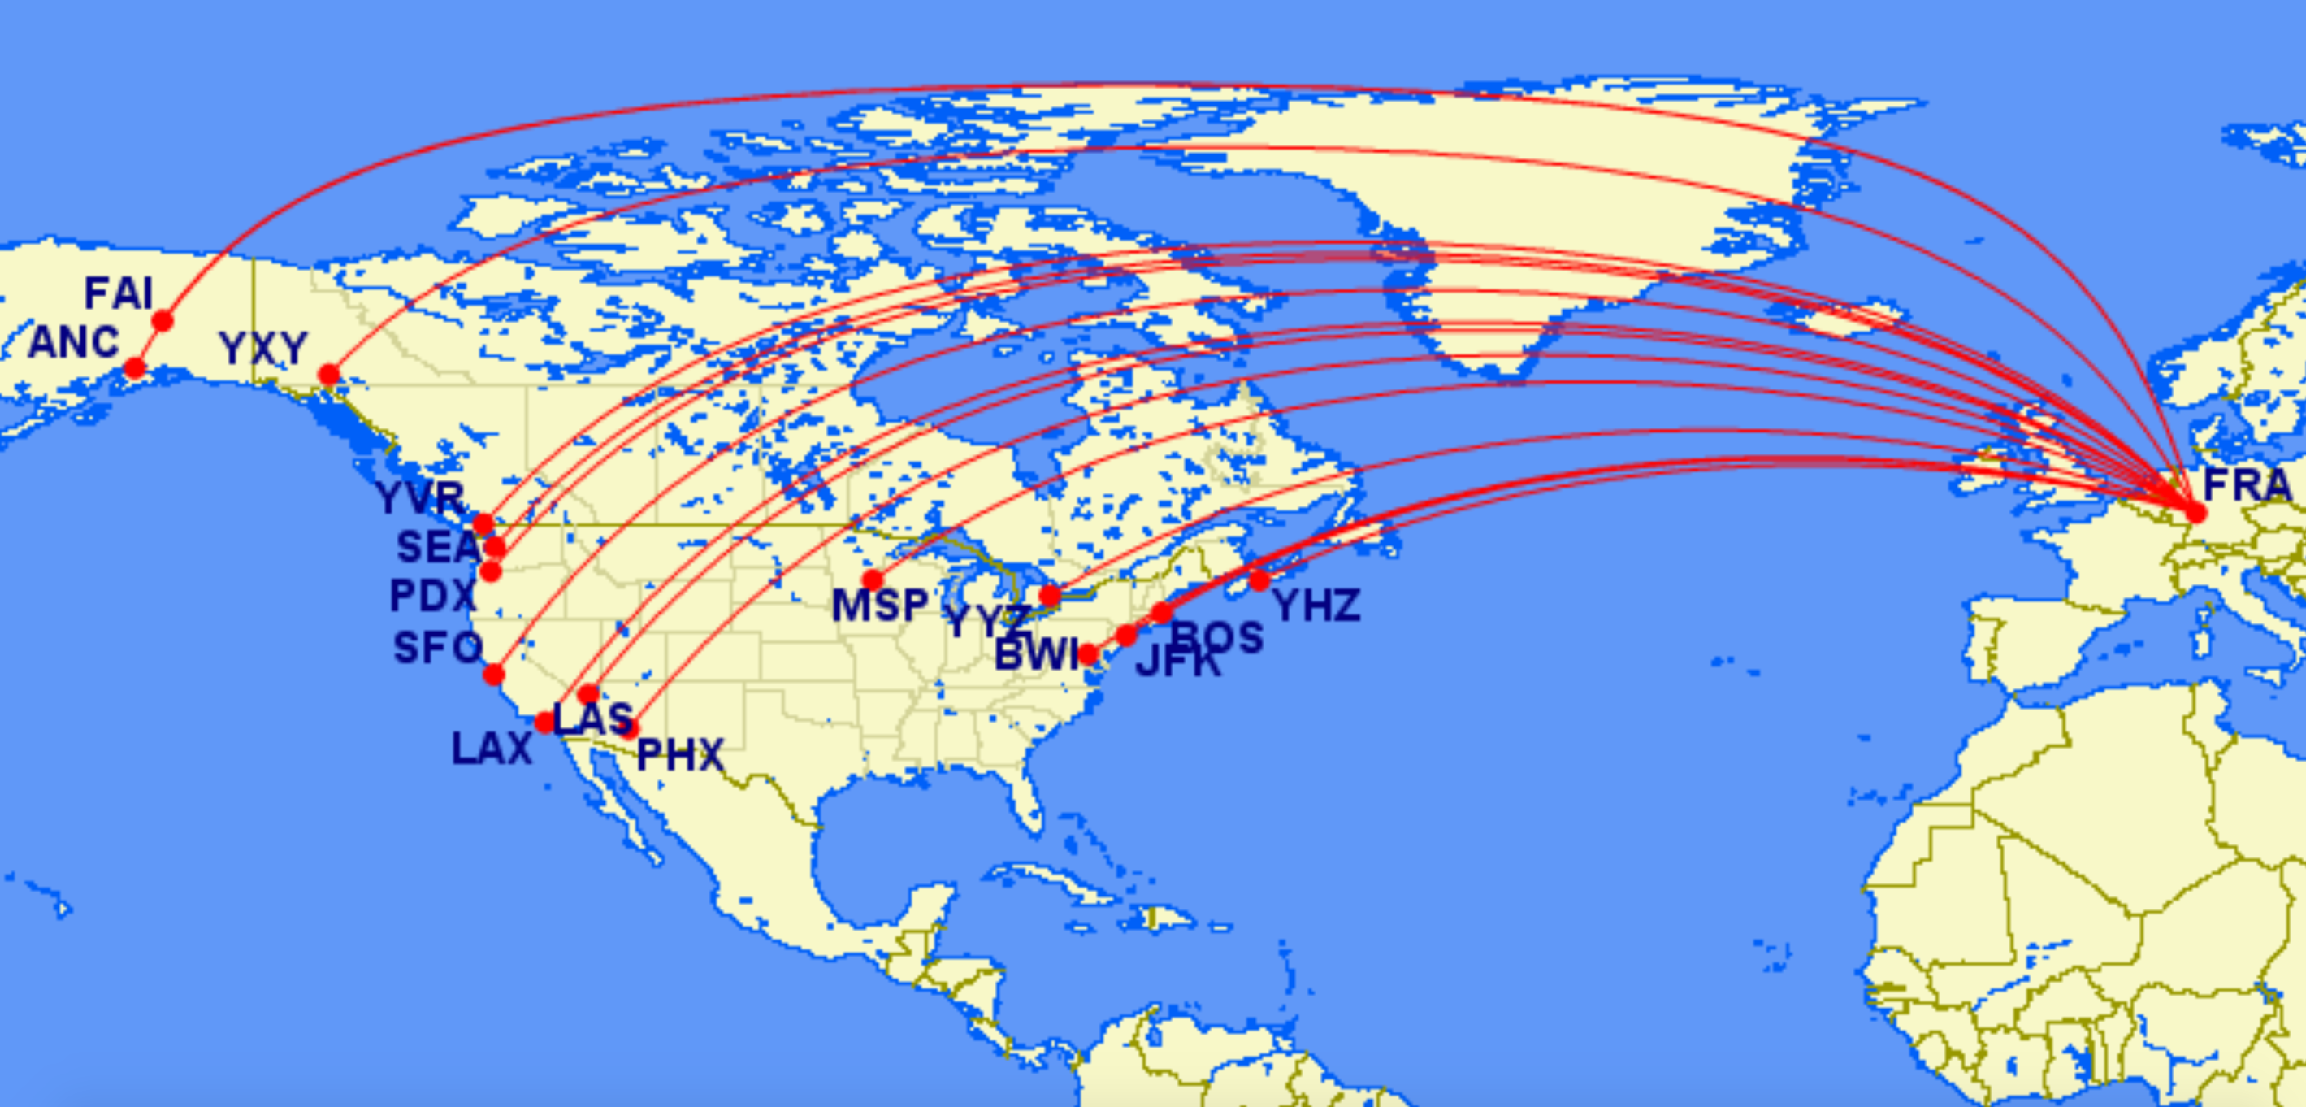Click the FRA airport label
tap(2247, 485)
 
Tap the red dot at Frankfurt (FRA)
tap(2195, 512)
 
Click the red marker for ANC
tap(135, 368)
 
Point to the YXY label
tap(263, 349)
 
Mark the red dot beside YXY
tap(329, 375)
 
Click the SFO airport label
tap(438, 648)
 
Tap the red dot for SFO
tap(494, 675)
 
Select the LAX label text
tap(492, 749)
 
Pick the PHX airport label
tap(680, 755)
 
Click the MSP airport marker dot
tap(873, 580)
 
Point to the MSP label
tap(880, 606)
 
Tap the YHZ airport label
tap(1317, 606)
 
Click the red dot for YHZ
tap(1259, 580)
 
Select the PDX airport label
tap(432, 596)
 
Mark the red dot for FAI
tap(162, 320)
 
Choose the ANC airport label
tap(73, 342)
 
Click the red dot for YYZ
tap(1050, 596)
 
